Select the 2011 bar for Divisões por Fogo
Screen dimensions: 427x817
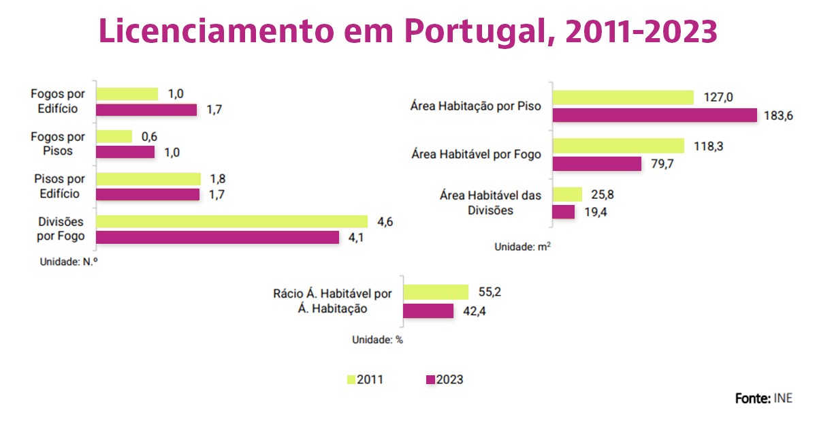pos(231,221)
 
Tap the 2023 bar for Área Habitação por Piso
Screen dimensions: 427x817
pos(654,115)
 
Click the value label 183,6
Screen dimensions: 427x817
pos(778,116)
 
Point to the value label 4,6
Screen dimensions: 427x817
pos(385,221)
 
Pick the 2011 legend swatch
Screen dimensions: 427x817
pos(351,380)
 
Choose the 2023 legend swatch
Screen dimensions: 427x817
pos(430,380)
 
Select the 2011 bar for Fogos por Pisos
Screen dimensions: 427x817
pos(114,136)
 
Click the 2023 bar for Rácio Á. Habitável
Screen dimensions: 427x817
pos(428,311)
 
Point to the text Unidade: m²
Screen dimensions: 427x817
pos(522,248)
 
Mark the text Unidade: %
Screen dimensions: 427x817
pos(377,340)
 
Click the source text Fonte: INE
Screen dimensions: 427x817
pos(763,398)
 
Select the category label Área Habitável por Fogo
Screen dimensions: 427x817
pos(476,155)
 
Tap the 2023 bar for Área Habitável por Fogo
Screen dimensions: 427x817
pos(597,163)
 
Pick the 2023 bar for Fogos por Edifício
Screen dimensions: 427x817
pos(146,110)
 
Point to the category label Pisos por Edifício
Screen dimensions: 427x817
pos(59,187)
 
